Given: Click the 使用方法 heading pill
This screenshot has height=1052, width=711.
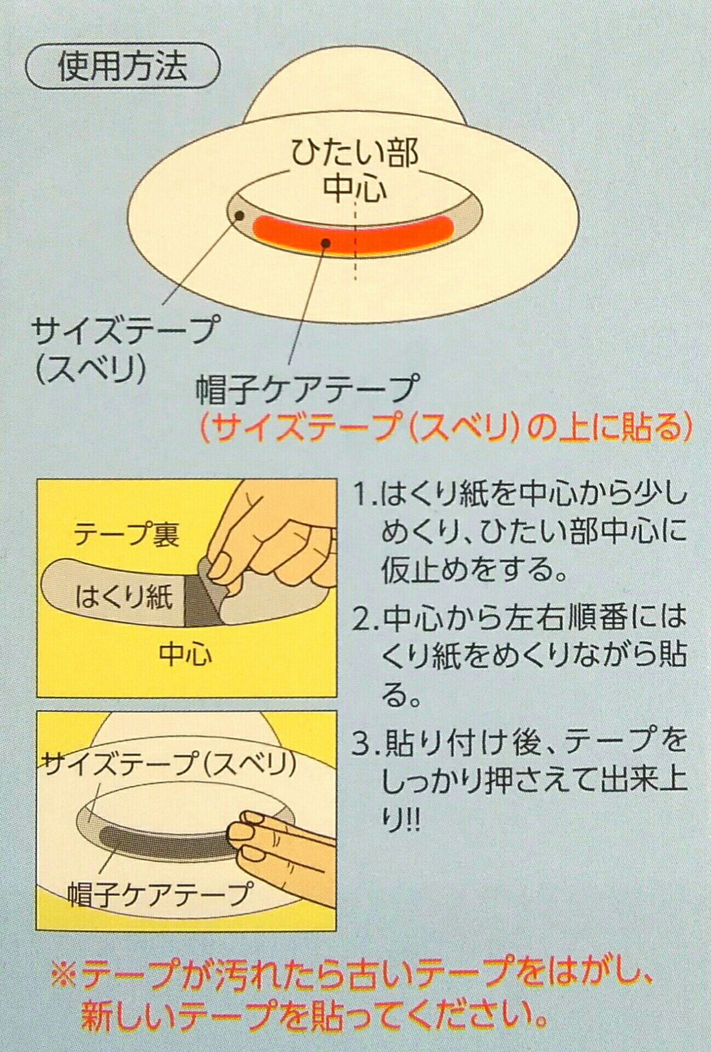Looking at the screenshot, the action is pyautogui.click(x=123, y=68).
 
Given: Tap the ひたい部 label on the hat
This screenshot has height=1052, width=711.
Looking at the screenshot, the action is pyautogui.click(x=355, y=153).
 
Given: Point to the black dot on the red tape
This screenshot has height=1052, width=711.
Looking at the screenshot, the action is pyautogui.click(x=327, y=243).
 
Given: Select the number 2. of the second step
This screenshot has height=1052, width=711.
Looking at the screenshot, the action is pyautogui.click(x=367, y=619).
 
